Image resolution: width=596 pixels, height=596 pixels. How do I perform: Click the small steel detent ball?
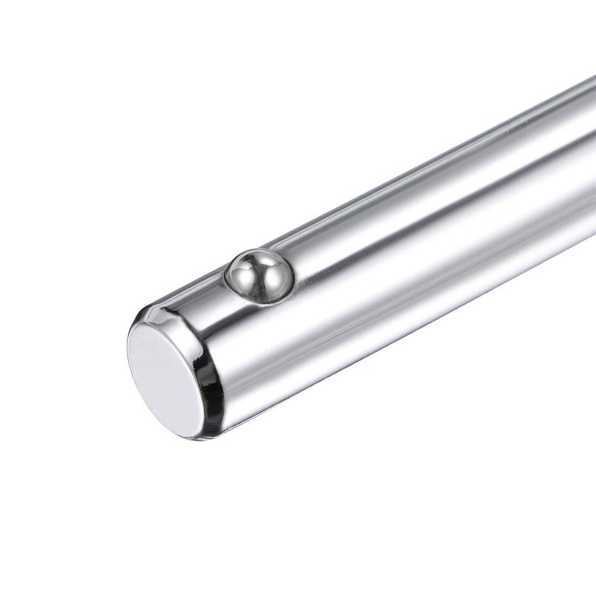tap(259, 276)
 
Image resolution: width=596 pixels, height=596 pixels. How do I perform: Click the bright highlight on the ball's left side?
tap(242, 273)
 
